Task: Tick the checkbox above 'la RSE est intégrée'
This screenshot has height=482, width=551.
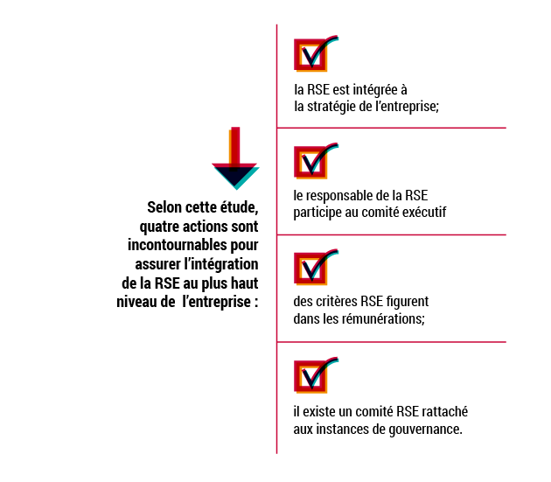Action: (310, 55)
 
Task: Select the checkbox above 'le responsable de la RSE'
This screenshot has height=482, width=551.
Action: (310, 162)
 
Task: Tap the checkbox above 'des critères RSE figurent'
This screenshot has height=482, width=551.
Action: (310, 269)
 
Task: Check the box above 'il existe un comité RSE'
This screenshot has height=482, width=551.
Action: (310, 376)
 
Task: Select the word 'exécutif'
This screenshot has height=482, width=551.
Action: (424, 212)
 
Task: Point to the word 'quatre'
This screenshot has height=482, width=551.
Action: (159, 227)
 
